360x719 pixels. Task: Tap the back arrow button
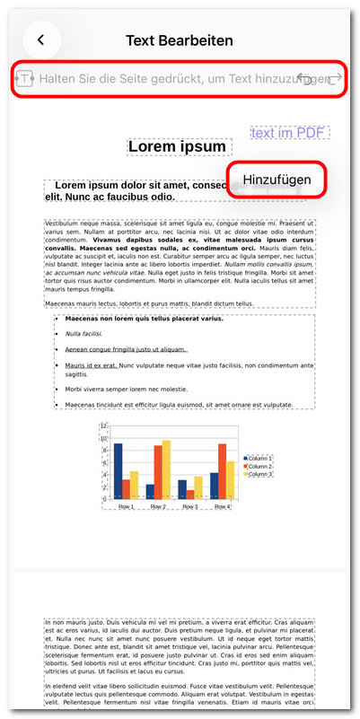(x=41, y=39)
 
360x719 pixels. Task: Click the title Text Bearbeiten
(x=180, y=40)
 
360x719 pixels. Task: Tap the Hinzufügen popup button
(x=277, y=180)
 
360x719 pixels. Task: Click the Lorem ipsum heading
(x=177, y=146)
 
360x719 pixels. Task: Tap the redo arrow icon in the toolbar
(x=336, y=79)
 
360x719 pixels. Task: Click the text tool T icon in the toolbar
(x=25, y=79)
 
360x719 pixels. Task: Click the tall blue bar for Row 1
(x=118, y=470)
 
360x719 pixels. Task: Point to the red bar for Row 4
(x=222, y=470)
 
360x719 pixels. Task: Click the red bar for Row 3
(x=190, y=493)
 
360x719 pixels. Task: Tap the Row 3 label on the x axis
(x=189, y=506)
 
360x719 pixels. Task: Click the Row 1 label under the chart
(x=126, y=506)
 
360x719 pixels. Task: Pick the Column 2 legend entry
(x=259, y=466)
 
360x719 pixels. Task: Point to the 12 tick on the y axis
(x=105, y=426)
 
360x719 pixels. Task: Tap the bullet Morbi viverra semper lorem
(x=126, y=390)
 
